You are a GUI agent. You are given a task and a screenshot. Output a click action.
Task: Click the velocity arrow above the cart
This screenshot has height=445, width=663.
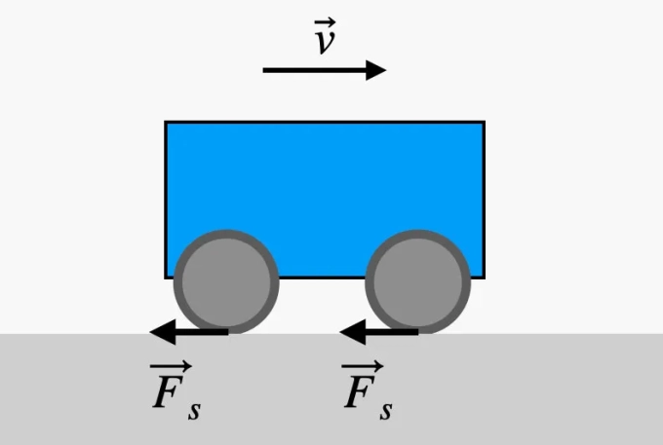pos(322,70)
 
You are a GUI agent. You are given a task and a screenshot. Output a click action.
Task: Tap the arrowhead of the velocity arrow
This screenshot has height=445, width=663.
pos(377,70)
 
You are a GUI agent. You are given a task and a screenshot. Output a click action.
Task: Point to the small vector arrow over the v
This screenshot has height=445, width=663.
pos(325,21)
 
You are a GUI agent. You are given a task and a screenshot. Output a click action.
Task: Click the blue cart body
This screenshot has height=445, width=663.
pos(324,175)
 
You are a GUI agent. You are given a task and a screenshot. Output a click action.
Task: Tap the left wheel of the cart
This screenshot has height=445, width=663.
pos(226,282)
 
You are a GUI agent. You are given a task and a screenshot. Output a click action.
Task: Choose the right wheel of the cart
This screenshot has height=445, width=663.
pos(417,282)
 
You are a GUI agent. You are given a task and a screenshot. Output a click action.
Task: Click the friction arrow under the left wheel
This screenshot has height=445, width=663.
pos(190,333)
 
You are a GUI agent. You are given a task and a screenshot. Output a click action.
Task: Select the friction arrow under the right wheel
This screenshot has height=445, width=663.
pos(380,333)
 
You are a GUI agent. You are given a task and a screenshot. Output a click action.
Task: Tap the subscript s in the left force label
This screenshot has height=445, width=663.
pos(194,409)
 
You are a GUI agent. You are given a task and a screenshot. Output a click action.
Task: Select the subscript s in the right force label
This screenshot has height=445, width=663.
pos(386,409)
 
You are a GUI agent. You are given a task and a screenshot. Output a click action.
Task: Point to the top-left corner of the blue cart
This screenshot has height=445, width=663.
pos(166,123)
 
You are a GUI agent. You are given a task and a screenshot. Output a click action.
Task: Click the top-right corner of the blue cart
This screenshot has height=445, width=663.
pos(484,123)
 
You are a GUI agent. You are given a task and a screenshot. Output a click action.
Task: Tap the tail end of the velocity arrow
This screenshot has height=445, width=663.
pos(265,70)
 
